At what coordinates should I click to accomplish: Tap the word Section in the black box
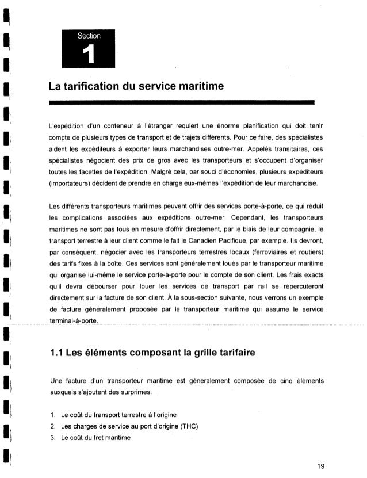point(87,36)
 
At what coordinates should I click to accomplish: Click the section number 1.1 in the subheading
point(58,346)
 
